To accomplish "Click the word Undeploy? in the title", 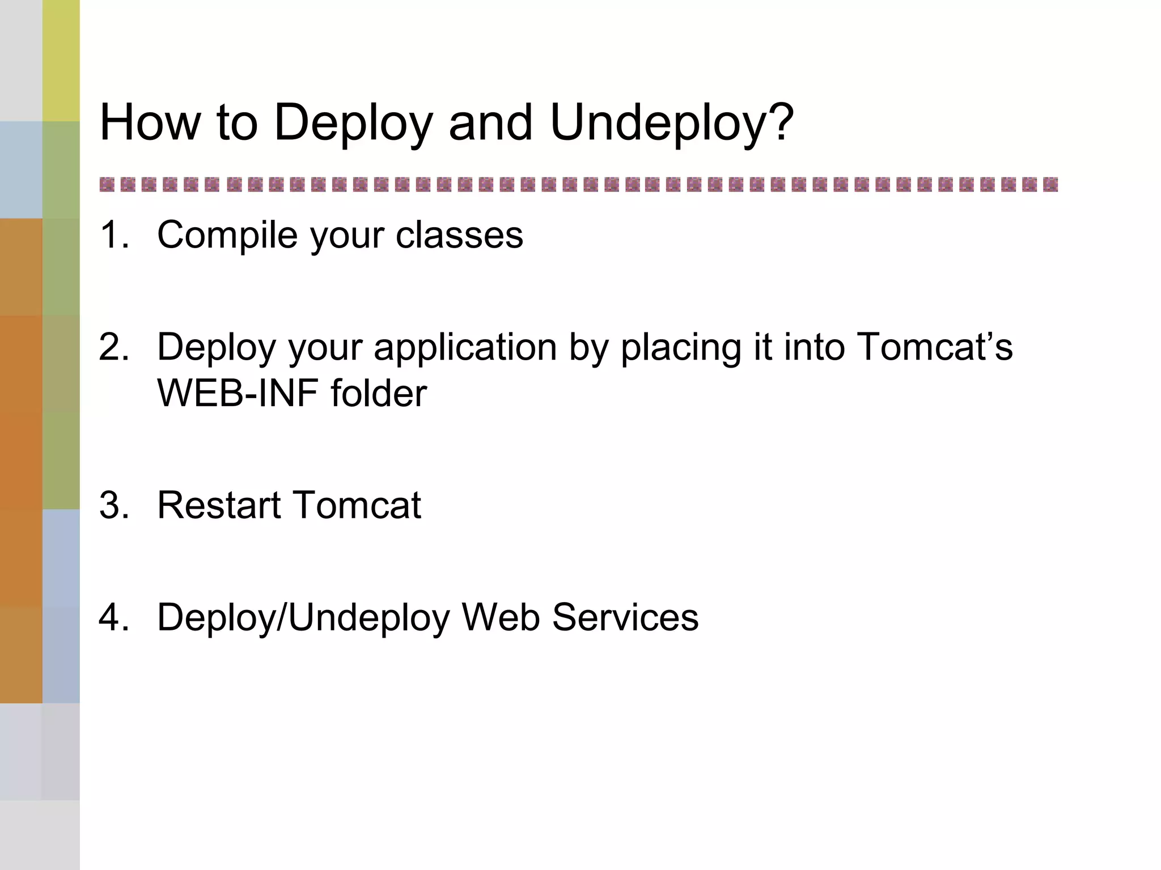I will pos(672,123).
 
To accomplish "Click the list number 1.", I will pos(113,234).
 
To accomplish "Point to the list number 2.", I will pos(113,347).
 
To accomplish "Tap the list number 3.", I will pos(113,505).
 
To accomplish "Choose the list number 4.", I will pos(113,617).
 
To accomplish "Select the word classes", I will pos(459,234).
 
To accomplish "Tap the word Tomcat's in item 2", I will pos(935,346).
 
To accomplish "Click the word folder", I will pos(379,393).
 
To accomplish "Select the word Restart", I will pos(218,505).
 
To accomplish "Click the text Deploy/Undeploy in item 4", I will pos(303,618).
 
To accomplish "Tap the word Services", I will pos(625,617).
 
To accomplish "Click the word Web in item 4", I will pos(501,617).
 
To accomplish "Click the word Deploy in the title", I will pos(353,123).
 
